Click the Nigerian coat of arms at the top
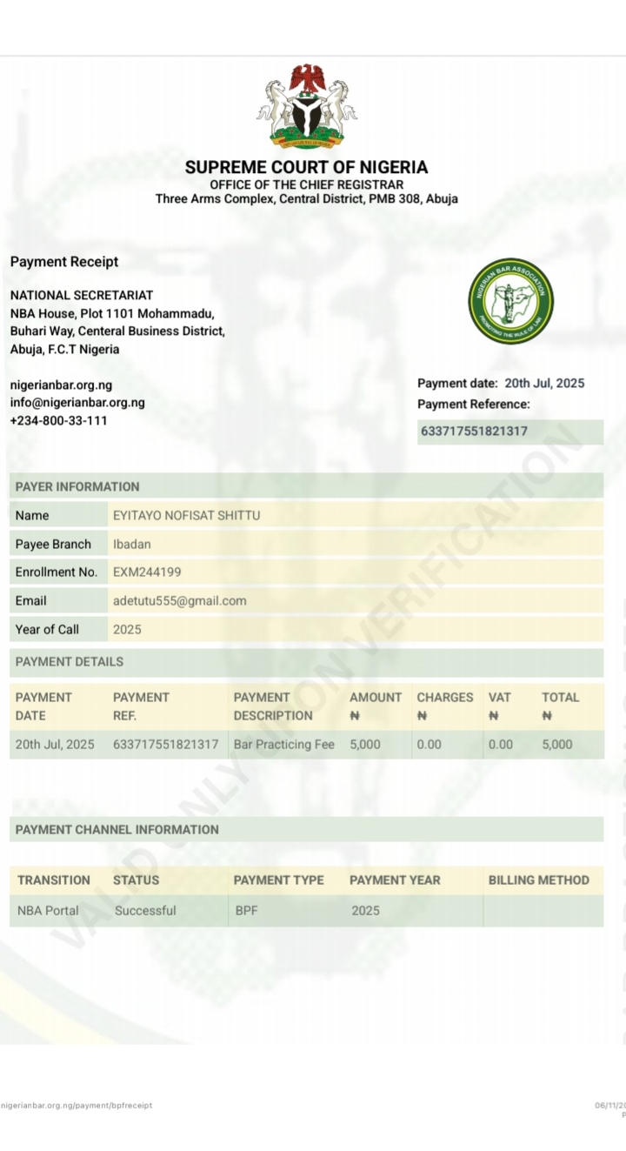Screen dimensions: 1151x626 (x=307, y=105)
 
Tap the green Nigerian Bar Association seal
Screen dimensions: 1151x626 (x=510, y=301)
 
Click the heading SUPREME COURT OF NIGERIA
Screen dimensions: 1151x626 (x=307, y=167)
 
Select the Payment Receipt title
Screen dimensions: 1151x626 (x=64, y=262)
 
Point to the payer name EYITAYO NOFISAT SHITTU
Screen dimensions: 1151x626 (x=186, y=516)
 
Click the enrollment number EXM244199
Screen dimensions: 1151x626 (x=147, y=572)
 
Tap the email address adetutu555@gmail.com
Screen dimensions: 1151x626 (x=179, y=601)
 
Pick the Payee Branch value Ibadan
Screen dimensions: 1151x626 (x=132, y=545)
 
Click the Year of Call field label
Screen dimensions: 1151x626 (x=47, y=629)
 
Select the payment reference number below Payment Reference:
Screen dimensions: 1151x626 (x=474, y=432)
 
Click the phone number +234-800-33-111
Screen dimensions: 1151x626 (x=59, y=421)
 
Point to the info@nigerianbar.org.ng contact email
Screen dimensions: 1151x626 (x=77, y=403)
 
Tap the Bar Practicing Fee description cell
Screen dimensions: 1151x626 (x=283, y=745)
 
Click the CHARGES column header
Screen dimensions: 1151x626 (x=444, y=698)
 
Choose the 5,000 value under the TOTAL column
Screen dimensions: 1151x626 (x=557, y=745)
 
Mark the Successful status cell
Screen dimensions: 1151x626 (x=145, y=911)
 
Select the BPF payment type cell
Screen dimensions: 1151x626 (x=247, y=911)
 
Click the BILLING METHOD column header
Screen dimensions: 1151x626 (x=538, y=880)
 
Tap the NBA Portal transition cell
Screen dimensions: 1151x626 (x=48, y=911)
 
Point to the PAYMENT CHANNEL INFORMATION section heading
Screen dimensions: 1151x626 (x=117, y=830)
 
